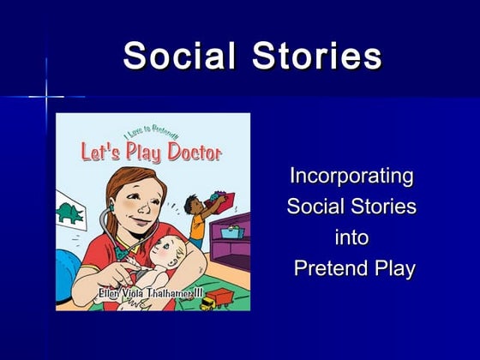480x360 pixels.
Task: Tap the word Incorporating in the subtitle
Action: point(351,177)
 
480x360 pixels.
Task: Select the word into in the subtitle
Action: point(351,237)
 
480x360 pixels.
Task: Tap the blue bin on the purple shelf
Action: point(232,231)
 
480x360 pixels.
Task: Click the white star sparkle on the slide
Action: point(46,96)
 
